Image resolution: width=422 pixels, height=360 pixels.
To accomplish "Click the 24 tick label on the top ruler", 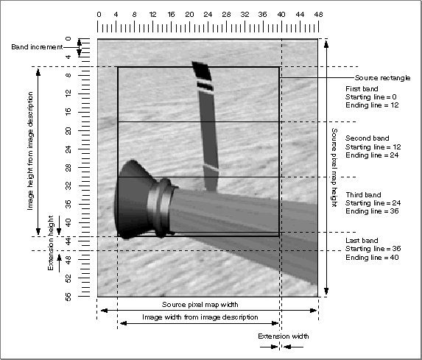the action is tap(208, 15).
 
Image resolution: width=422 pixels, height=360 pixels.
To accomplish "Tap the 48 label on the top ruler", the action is tap(318, 15).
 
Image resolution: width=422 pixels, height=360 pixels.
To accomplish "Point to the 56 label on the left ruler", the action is tap(68, 297).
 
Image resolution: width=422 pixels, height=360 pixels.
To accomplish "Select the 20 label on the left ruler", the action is tap(68, 131).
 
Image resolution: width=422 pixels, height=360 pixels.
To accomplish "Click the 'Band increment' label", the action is tap(37, 47).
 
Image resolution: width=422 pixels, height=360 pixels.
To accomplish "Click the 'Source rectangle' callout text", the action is tap(382, 78).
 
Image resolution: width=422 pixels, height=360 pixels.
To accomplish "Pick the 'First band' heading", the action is tap(362, 89).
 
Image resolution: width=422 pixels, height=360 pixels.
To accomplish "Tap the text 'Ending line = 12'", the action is tap(372, 105).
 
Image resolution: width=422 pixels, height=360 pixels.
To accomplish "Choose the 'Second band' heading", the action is tap(367, 138).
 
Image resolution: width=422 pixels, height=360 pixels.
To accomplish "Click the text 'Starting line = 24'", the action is tap(373, 203).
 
